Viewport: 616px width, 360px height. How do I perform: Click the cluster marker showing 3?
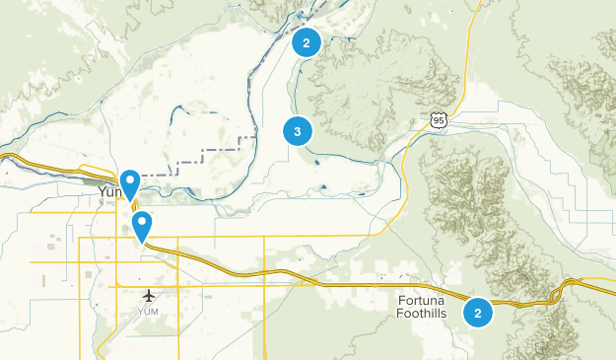tap(297, 130)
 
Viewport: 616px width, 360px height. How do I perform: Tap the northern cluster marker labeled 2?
tap(307, 42)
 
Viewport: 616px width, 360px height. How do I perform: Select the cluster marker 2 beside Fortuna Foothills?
tap(478, 313)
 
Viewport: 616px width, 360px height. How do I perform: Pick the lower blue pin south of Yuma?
tap(143, 226)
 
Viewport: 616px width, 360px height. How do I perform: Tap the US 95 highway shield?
tap(437, 119)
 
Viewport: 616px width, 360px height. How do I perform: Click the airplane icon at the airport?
tap(149, 295)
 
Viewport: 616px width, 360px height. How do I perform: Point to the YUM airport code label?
tap(148, 312)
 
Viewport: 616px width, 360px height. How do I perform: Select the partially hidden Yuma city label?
tap(107, 193)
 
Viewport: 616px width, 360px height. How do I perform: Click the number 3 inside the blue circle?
tap(297, 130)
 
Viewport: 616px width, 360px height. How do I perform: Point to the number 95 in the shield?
tap(437, 120)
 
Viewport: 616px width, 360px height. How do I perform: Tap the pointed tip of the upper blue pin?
tap(130, 200)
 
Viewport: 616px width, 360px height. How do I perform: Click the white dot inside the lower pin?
tap(143, 222)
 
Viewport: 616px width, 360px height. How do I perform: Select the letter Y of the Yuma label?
tap(102, 193)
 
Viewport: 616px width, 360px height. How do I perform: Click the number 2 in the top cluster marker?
tap(307, 42)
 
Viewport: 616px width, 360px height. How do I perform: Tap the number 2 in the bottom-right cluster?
tap(478, 313)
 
